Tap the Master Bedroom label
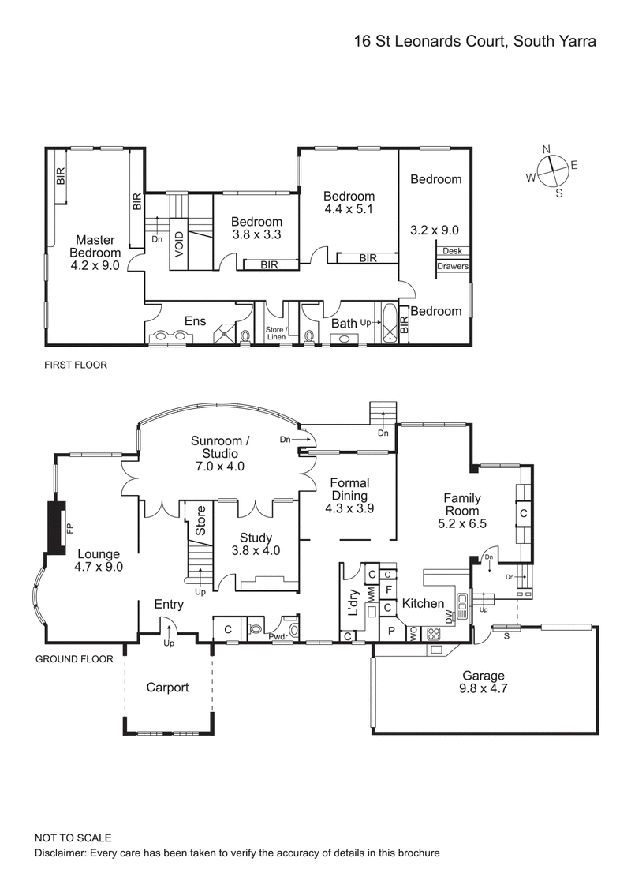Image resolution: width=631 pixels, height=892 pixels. coord(97,246)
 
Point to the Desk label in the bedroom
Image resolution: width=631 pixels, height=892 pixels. coord(452,251)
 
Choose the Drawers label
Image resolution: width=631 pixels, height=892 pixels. coord(453,267)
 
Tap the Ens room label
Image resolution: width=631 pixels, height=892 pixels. coord(195,321)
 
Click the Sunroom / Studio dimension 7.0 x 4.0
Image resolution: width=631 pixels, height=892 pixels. coord(218,467)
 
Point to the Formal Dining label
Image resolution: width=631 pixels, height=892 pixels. coord(349,489)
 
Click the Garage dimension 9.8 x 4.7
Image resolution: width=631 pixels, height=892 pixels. coord(484,689)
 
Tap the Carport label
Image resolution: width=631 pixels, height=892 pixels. coord(168,688)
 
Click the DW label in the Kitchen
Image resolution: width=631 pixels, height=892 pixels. coord(449,617)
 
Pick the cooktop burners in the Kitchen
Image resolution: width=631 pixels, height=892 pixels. coord(432,633)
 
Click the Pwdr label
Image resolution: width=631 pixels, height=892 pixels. coord(278,636)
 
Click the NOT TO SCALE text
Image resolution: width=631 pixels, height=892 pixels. coord(73,838)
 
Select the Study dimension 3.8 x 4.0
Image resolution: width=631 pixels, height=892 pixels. coord(255,551)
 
